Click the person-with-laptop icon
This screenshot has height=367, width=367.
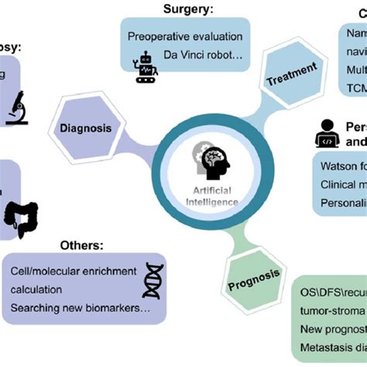(326, 134)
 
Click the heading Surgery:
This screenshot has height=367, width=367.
(188, 9)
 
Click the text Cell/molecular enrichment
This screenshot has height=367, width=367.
(74, 271)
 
